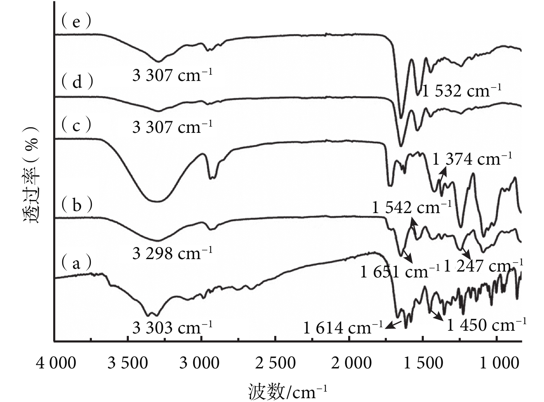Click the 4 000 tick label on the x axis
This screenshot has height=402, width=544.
(56, 363)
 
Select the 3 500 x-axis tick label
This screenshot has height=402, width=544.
(127, 363)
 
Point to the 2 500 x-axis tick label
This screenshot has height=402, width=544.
(276, 363)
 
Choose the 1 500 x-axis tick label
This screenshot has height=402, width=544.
(424, 363)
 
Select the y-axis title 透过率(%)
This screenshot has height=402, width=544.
(32, 177)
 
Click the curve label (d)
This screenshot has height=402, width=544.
(77, 82)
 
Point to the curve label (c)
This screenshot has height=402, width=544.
(76, 125)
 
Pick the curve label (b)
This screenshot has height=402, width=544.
(77, 205)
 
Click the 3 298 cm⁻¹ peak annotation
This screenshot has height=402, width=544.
(172, 253)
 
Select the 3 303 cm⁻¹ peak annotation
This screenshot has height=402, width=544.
(172, 327)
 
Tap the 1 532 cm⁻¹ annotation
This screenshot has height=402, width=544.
(461, 91)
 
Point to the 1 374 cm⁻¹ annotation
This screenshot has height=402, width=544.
(472, 159)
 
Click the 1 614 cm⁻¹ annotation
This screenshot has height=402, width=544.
(343, 327)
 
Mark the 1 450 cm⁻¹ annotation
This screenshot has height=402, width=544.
(486, 325)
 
